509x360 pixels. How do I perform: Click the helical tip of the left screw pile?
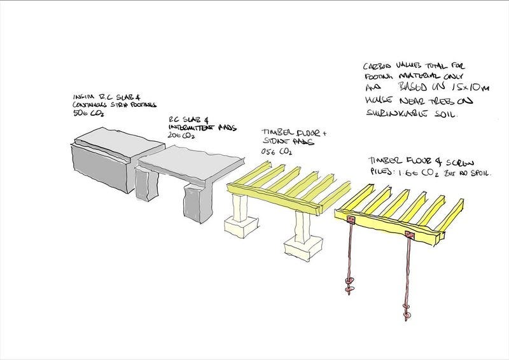click(349, 286)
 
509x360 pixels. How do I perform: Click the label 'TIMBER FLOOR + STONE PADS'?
click(293, 137)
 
